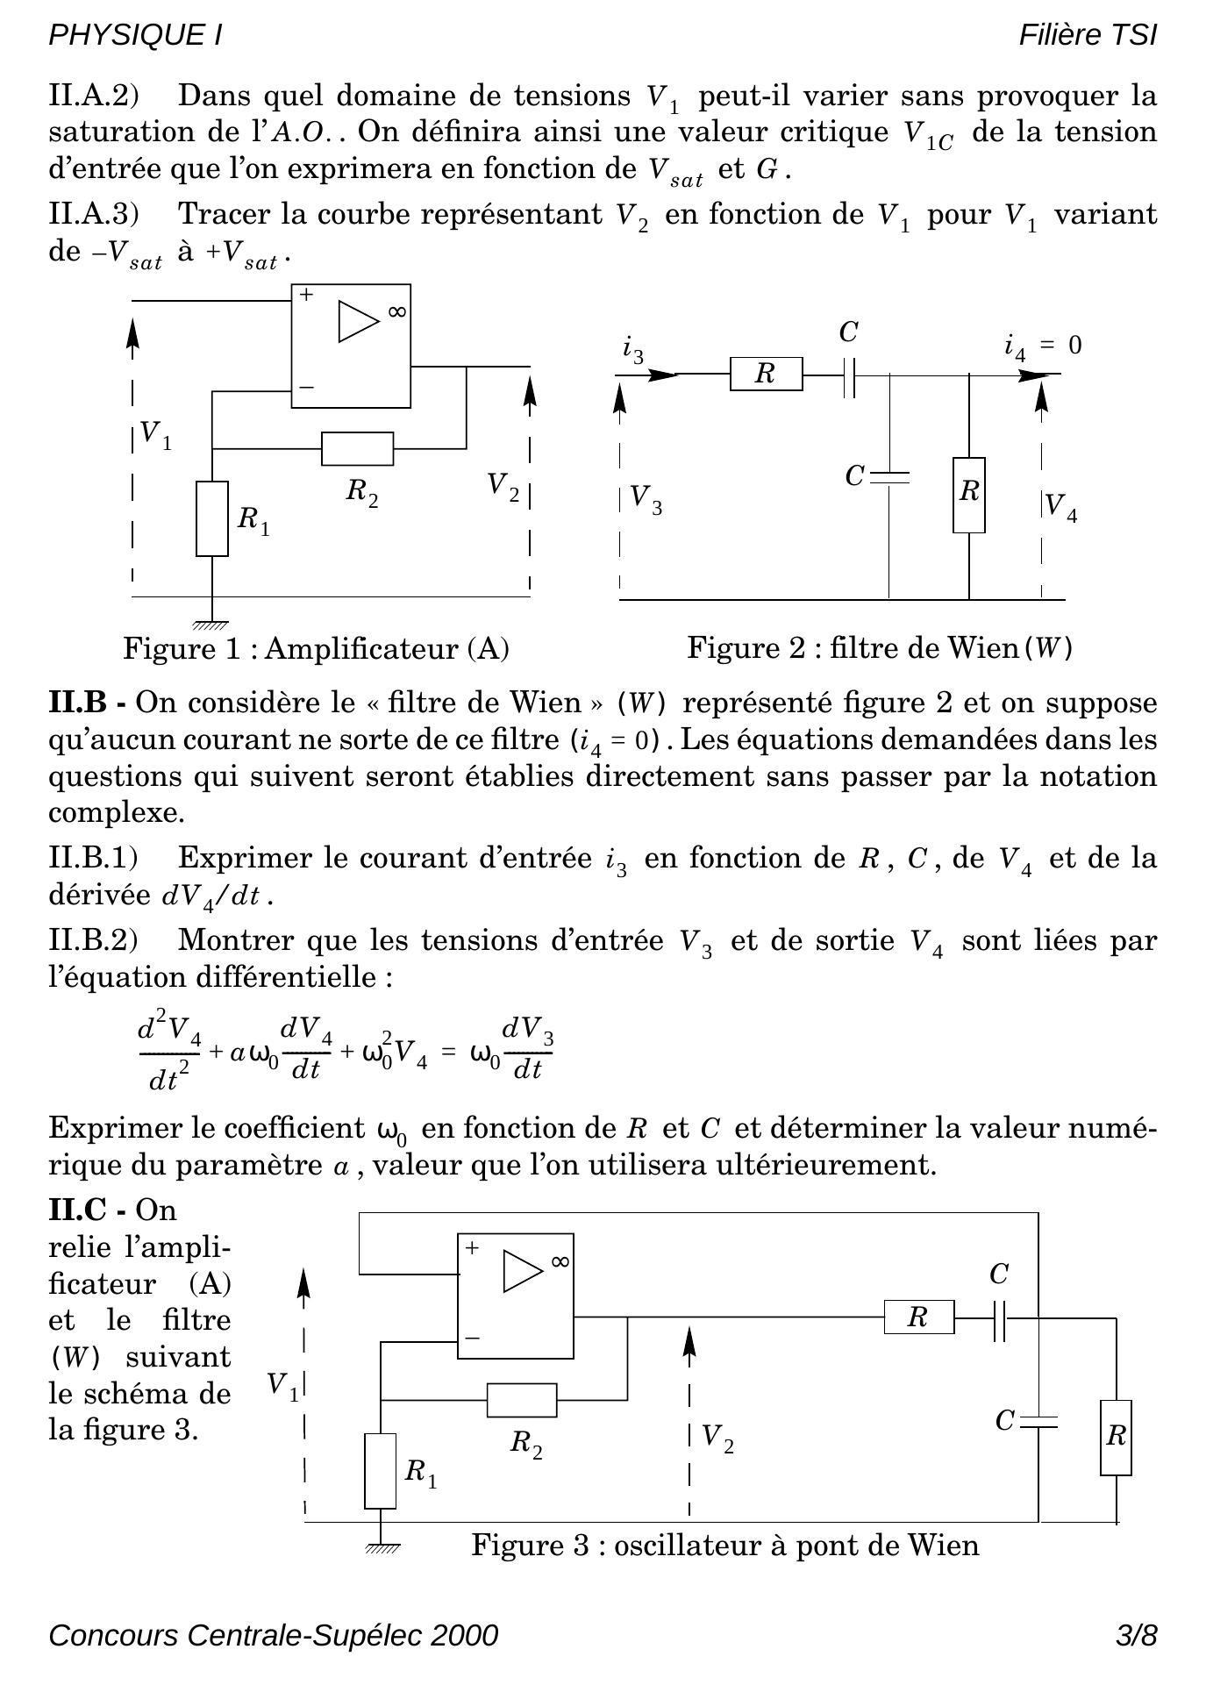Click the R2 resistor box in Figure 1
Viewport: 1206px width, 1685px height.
pyautogui.click(x=357, y=448)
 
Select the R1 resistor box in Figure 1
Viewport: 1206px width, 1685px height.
pyautogui.click(x=212, y=518)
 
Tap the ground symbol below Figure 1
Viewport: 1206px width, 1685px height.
pyautogui.click(x=211, y=625)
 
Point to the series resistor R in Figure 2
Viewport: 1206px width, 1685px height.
pyautogui.click(x=766, y=375)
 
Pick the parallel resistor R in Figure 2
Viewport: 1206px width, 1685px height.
pyautogui.click(x=968, y=495)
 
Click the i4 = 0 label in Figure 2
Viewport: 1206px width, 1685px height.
pyautogui.click(x=1043, y=346)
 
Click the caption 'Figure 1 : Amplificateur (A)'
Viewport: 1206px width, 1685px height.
pyautogui.click(x=317, y=648)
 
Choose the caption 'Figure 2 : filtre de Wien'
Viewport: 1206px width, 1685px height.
pyautogui.click(x=880, y=648)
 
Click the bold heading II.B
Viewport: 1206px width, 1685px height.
pyautogui.click(x=87, y=703)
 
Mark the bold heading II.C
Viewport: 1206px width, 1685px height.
pyautogui.click(x=87, y=1210)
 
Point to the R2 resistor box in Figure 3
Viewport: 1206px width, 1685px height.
pyautogui.click(x=522, y=1400)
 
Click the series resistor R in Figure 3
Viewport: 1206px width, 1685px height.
pyautogui.click(x=918, y=1317)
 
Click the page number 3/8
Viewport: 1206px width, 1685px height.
pyautogui.click(x=1137, y=1635)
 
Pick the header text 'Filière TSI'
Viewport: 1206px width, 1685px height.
pyautogui.click(x=1088, y=35)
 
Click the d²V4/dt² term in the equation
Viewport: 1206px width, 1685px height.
pyautogui.click(x=169, y=1050)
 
